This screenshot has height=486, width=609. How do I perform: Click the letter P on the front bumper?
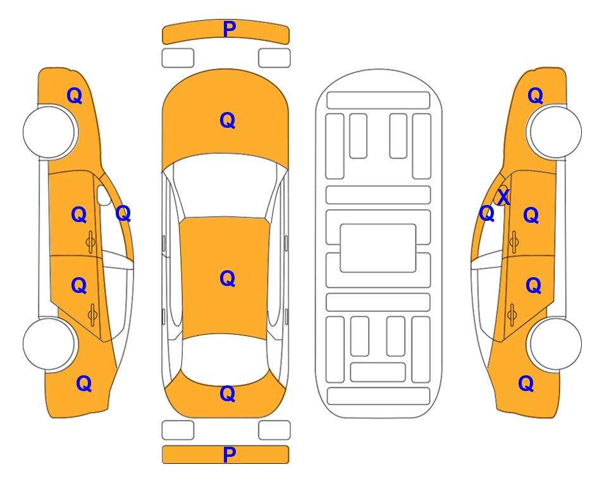(230, 29)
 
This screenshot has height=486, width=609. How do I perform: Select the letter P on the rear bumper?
(230, 454)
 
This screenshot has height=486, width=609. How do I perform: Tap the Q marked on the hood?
(228, 120)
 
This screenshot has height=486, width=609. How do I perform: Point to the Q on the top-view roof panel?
(228, 278)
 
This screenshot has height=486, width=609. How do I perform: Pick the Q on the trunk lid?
(228, 394)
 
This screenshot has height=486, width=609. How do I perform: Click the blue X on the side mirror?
(503, 197)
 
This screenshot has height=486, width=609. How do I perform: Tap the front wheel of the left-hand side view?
(49, 132)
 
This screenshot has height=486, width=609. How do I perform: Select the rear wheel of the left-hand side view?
(49, 344)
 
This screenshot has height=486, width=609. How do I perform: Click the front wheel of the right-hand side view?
(555, 132)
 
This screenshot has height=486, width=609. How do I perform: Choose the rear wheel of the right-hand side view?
(555, 344)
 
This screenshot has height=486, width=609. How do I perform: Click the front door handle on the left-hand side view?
(91, 242)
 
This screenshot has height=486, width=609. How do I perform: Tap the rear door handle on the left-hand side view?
(92, 315)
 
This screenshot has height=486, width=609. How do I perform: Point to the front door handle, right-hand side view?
(514, 242)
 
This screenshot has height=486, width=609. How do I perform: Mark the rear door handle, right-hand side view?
(512, 315)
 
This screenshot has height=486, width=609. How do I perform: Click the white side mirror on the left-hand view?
(103, 196)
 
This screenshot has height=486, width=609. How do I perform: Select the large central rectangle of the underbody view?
(378, 248)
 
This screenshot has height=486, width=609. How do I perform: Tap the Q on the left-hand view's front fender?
(75, 96)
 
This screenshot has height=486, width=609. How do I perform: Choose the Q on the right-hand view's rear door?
(533, 285)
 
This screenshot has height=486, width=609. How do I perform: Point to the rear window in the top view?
(225, 359)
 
